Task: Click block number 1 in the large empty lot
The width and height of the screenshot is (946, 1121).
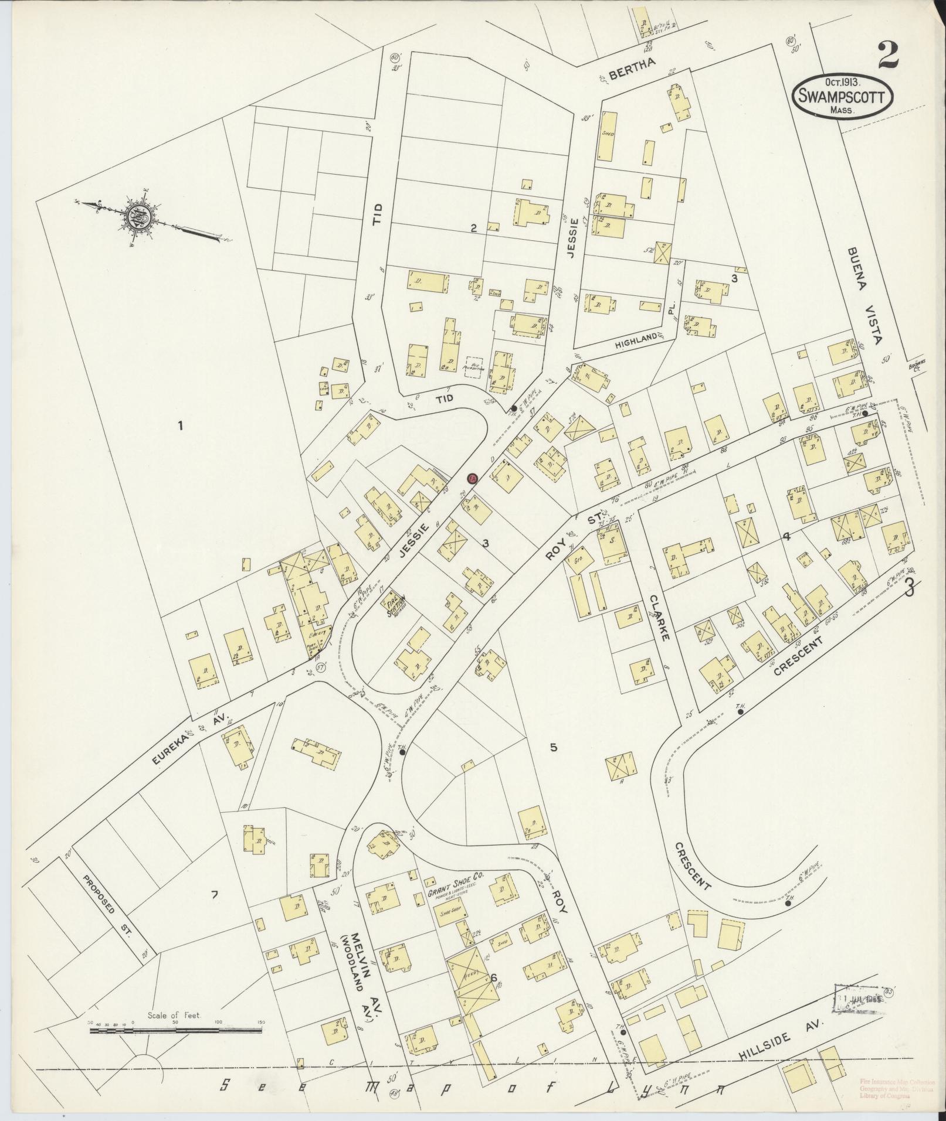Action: [x=181, y=425]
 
